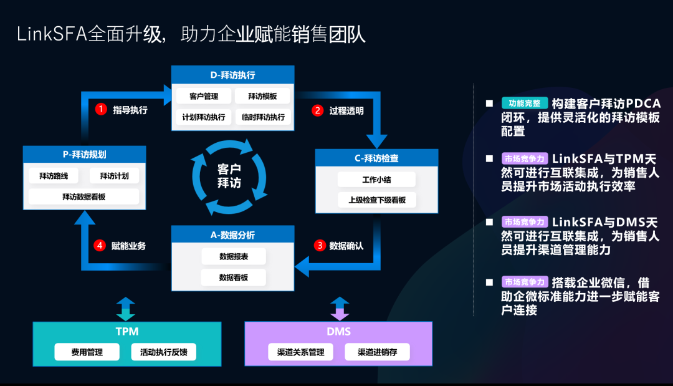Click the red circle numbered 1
pos(101,110)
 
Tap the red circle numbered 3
pos(320,246)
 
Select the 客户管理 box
pos(204,96)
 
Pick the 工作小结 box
pos(377,180)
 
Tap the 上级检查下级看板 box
pos(377,200)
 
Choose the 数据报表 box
pos(234,256)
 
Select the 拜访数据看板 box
pos(84,197)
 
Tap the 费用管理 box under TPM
pos(87,352)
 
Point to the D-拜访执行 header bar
pos(232,75)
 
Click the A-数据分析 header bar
pos(232,235)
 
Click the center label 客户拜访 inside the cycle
pos(229,176)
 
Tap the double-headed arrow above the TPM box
pos(126,309)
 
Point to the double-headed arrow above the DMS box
pos(340,309)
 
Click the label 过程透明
pos(346,111)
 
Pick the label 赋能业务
pos(128,246)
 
